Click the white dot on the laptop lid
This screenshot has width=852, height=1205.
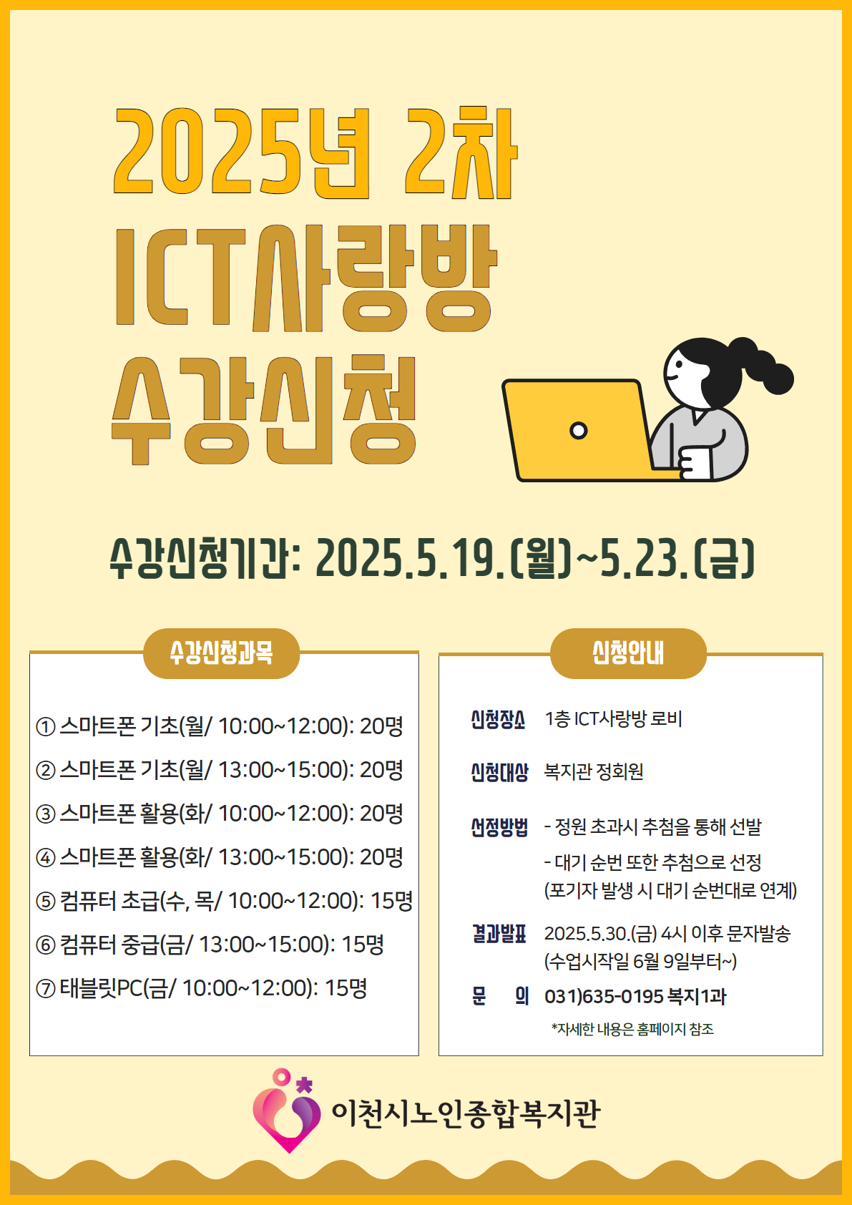tap(578, 430)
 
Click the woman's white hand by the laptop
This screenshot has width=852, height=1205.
tap(695, 463)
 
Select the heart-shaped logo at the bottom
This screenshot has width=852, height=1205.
tap(288, 1110)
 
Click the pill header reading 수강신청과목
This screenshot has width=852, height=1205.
tap(221, 653)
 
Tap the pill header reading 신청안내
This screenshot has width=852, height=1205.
tap(627, 653)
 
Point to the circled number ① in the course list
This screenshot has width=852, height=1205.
tap(46, 727)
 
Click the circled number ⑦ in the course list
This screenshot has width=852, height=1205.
tap(46, 988)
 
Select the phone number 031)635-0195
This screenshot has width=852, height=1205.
tap(603, 996)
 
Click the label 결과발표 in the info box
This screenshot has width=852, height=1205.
tap(500, 934)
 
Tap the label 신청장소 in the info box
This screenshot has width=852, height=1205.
tap(499, 719)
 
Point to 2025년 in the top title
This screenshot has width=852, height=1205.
tap(242, 152)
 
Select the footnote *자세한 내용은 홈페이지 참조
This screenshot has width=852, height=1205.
tap(632, 1029)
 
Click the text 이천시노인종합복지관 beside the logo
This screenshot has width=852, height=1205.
tap(465, 1113)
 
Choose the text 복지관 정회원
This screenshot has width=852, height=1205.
tap(593, 771)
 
